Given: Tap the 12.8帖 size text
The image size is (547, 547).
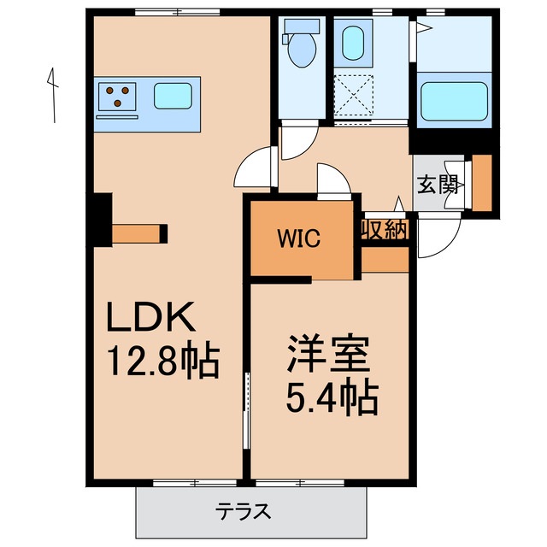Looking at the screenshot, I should click(x=162, y=359).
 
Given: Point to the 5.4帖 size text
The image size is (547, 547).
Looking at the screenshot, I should click(x=329, y=395).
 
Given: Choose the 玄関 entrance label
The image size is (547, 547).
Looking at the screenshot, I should click(x=438, y=185).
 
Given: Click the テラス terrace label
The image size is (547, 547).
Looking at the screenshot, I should click(x=244, y=512).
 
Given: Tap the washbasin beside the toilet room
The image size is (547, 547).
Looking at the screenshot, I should click(x=351, y=42).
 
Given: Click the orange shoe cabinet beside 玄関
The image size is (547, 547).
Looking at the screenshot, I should click(x=482, y=181).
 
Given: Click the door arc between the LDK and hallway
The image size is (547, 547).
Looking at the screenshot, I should click(x=257, y=168).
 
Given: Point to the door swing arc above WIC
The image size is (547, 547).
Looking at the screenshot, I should click(x=334, y=179).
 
